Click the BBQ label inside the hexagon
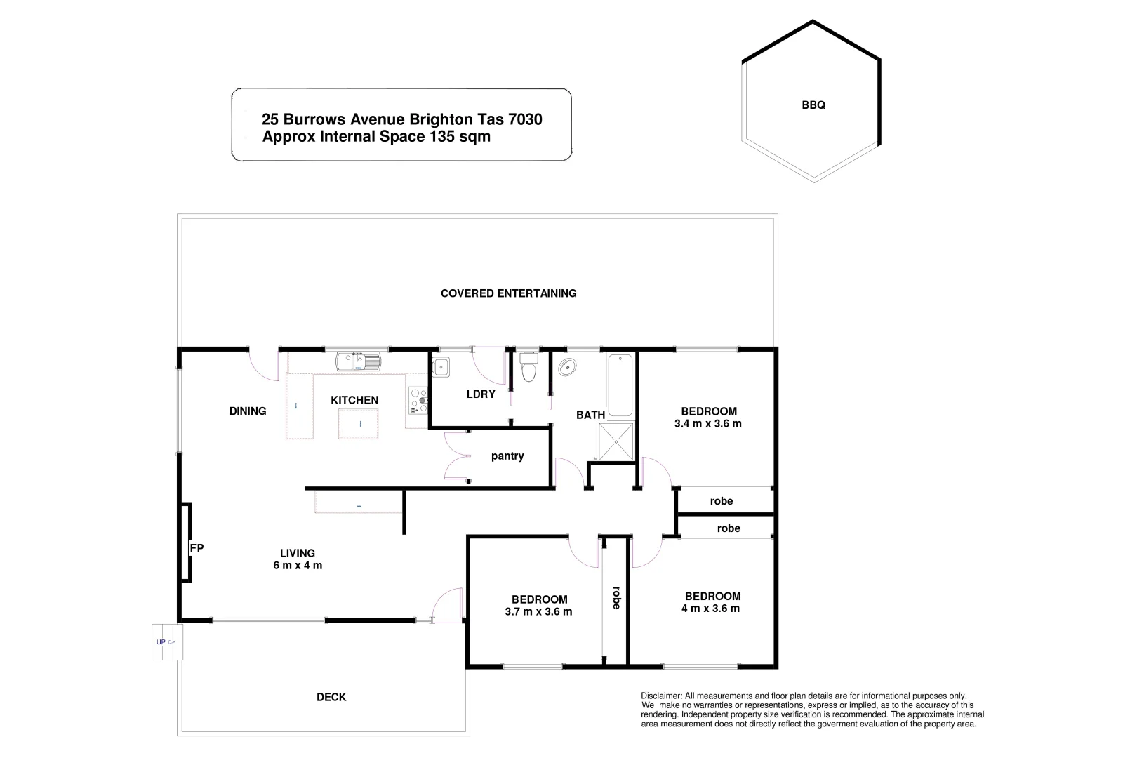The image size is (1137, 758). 813,105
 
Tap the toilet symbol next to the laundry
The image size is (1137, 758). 528,366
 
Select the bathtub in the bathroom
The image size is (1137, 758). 620,385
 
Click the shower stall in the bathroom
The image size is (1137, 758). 616,442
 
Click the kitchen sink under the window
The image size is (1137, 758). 357,362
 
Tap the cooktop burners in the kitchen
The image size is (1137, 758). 418,401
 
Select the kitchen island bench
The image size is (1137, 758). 359,423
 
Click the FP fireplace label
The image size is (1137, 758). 197,548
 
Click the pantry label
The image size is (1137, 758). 507,456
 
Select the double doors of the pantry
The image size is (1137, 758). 457,456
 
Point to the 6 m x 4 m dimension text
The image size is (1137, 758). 298,566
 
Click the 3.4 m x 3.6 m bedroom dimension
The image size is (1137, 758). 707,424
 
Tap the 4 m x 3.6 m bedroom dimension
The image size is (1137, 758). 711,609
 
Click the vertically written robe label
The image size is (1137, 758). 616,597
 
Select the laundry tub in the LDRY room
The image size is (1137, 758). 441,366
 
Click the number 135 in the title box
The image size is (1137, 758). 442,137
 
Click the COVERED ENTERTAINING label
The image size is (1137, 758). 508,293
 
